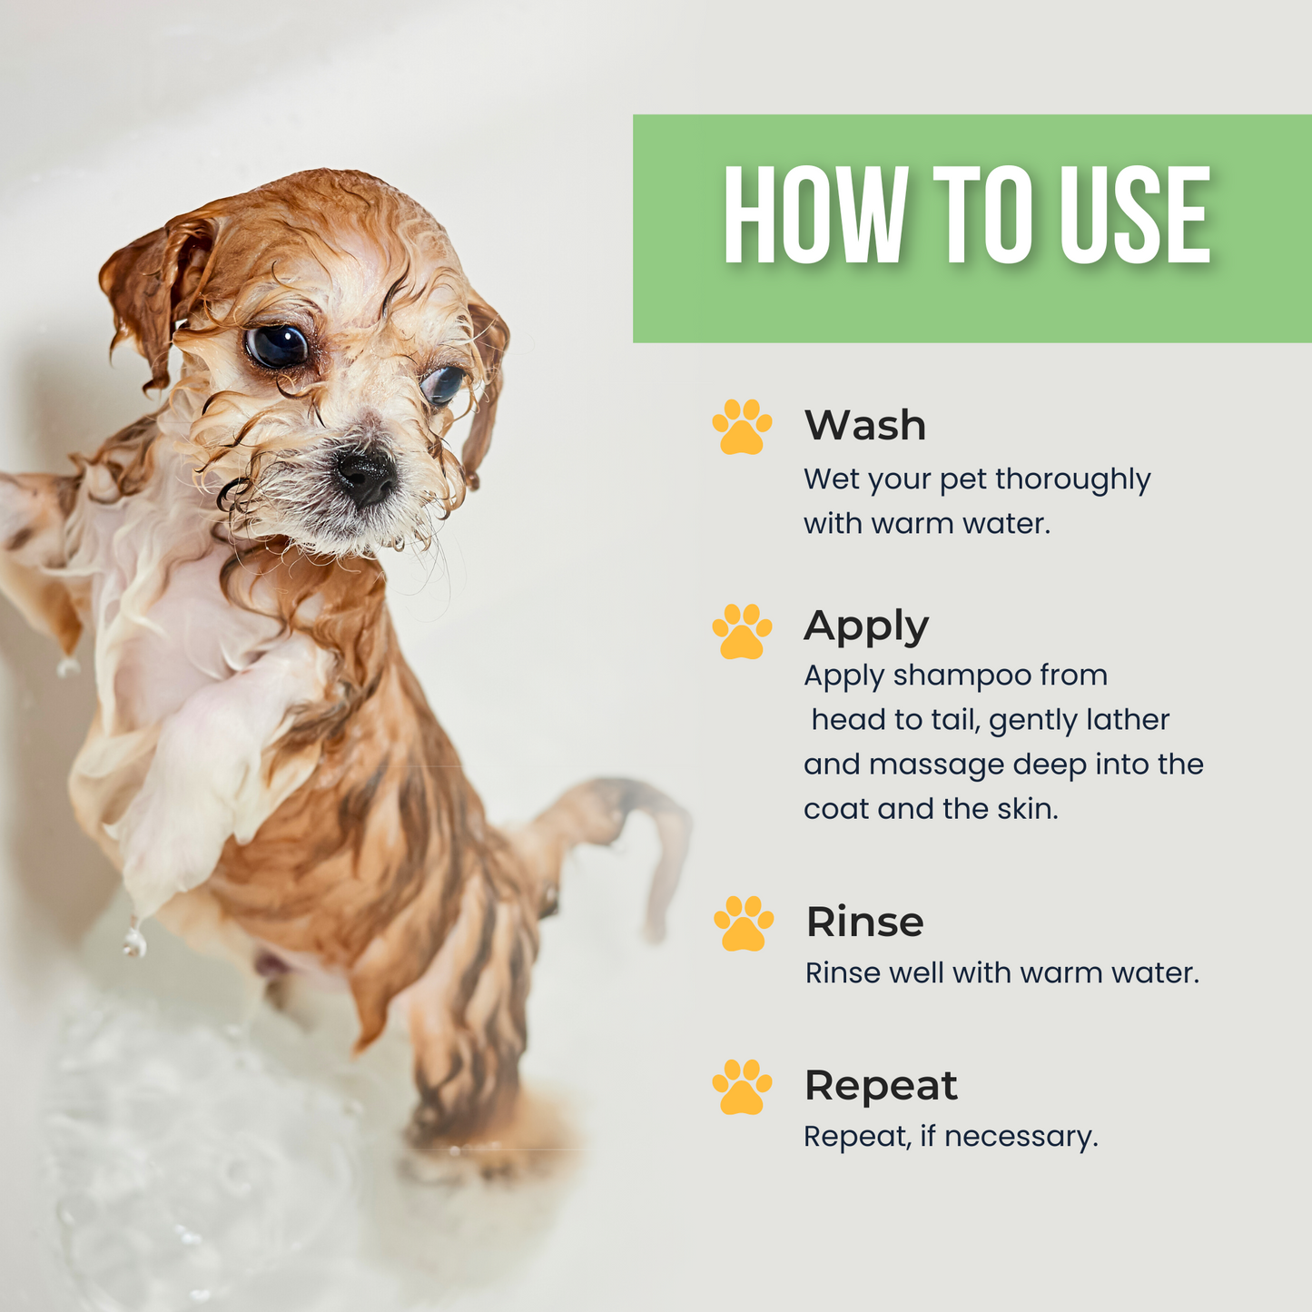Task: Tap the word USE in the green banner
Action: pos(1134,216)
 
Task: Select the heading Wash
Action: pos(864,425)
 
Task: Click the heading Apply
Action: pos(865,626)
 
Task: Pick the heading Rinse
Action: pos(864,922)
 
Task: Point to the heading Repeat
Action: pos(881,1085)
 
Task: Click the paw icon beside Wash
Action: pos(742,426)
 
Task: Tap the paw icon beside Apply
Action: pos(742,631)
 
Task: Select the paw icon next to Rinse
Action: pos(744,922)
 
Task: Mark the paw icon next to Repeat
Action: pos(742,1086)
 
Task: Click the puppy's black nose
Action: pos(366,474)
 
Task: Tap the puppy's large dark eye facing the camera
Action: pos(277,347)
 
